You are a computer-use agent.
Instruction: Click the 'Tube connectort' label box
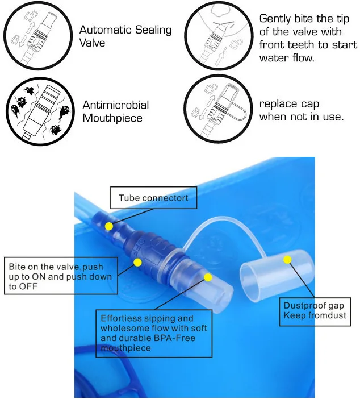pyautogui.click(x=153, y=198)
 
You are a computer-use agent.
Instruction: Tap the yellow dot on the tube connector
pyautogui.click(x=109, y=226)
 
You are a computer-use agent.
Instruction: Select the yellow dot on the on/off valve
pyautogui.click(x=137, y=263)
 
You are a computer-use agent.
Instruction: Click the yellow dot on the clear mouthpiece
pyautogui.click(x=208, y=277)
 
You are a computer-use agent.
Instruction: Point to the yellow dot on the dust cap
pyautogui.click(x=287, y=260)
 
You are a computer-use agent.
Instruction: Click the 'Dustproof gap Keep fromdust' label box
pyautogui.click(x=315, y=311)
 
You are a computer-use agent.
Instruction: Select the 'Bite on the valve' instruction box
pyautogui.click(x=61, y=276)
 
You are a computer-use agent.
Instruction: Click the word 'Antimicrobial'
pyautogui.click(x=116, y=105)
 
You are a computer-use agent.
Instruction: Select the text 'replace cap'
pyautogui.click(x=289, y=104)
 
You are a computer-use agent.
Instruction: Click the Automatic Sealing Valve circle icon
pyautogui.click(x=38, y=35)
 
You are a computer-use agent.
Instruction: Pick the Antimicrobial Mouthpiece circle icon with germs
pyautogui.click(x=40, y=112)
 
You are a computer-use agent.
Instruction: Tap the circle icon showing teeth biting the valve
pyautogui.click(x=219, y=35)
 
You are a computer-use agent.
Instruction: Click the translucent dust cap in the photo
pyautogui.click(x=277, y=275)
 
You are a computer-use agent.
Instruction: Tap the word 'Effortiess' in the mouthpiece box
pyautogui.click(x=122, y=318)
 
